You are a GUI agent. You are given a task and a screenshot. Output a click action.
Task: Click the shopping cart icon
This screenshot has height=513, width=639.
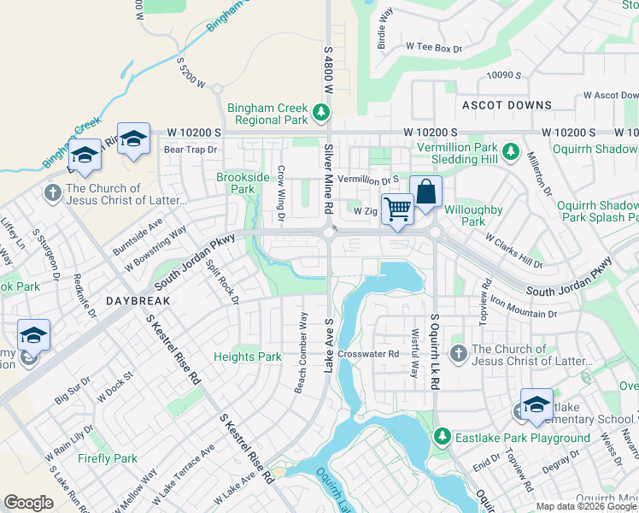pyautogui.click(x=397, y=208)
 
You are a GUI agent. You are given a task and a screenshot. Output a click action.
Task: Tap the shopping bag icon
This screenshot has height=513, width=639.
pyautogui.click(x=425, y=192)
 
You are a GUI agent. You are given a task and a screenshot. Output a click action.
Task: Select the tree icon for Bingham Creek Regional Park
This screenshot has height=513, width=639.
pyautogui.click(x=321, y=112)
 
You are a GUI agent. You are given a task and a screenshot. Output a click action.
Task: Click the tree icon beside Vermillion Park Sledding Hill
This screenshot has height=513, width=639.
pyautogui.click(x=510, y=151)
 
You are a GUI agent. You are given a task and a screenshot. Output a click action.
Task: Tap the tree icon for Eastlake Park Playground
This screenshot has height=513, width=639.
pyautogui.click(x=442, y=437)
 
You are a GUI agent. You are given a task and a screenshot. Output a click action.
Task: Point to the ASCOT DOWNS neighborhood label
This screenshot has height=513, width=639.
pyautogui.click(x=507, y=105)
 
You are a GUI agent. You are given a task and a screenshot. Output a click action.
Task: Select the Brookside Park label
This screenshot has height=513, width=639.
pyautogui.click(x=236, y=182)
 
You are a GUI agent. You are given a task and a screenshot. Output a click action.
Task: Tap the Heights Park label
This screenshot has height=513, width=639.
pyautogui.click(x=248, y=357)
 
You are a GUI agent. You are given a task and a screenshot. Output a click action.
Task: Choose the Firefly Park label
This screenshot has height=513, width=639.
pyautogui.click(x=108, y=458)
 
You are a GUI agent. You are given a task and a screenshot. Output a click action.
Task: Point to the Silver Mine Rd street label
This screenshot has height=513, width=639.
pyautogui.click(x=328, y=179)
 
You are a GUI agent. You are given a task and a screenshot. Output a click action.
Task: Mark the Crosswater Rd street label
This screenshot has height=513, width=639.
pyautogui.click(x=368, y=353)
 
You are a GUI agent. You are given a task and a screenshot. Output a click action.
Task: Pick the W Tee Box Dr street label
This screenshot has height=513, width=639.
pyautogui.click(x=433, y=49)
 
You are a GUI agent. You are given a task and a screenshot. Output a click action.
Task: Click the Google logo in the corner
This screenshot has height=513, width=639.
pyautogui.click(x=28, y=503)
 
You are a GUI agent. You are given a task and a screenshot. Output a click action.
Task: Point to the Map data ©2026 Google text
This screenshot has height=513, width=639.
pyautogui.click(x=586, y=505)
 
